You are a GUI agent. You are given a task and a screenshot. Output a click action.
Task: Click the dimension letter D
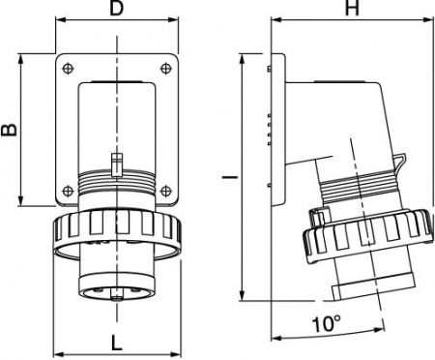pyautogui.click(x=116, y=11)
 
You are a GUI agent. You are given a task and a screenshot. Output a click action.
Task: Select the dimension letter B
pyautogui.click(x=10, y=130)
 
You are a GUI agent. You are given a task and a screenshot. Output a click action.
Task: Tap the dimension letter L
pyautogui.click(x=116, y=342)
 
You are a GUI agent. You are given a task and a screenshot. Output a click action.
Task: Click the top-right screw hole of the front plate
pyautogui.click(x=166, y=68)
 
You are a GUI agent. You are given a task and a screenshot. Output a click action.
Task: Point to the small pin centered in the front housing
pyautogui.click(x=116, y=162)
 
